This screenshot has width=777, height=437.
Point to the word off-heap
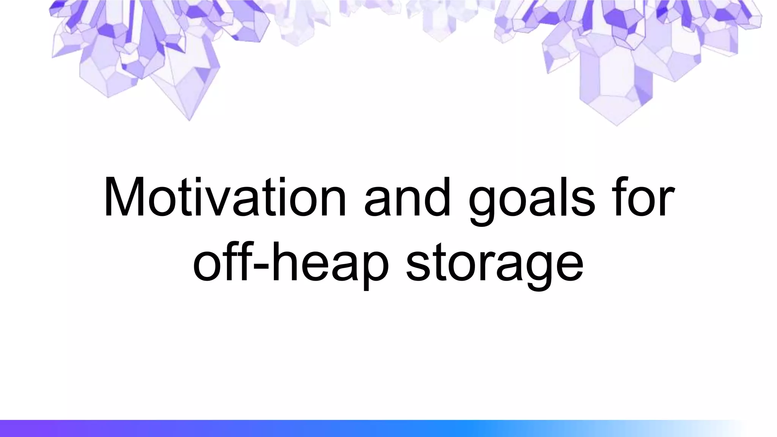pyautogui.click(x=290, y=262)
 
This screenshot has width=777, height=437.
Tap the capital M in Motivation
pyautogui.click(x=125, y=197)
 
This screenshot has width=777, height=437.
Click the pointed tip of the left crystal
pyautogui.click(x=189, y=120)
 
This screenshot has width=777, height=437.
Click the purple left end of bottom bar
pyautogui.click(x=11, y=428)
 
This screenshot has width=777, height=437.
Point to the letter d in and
pyautogui.click(x=438, y=197)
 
